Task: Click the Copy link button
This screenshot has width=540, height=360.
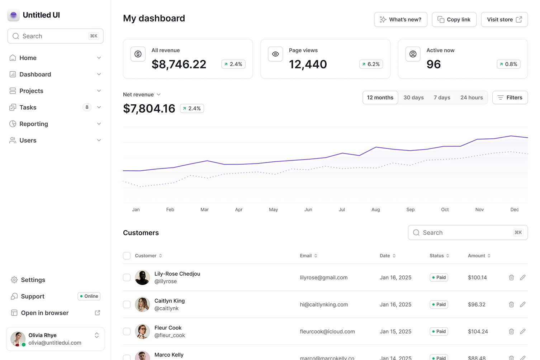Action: click(454, 20)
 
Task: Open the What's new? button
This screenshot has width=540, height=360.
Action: click(401, 20)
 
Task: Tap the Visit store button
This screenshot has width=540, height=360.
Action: click(504, 20)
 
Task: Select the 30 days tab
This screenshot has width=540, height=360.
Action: click(413, 98)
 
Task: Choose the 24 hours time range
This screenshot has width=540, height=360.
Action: click(471, 98)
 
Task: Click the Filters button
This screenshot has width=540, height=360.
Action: click(510, 98)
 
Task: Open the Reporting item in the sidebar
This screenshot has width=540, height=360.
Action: click(34, 124)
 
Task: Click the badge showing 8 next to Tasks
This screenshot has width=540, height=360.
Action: click(87, 107)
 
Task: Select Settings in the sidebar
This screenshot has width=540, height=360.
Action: click(33, 280)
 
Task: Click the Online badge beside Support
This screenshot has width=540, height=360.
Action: click(89, 296)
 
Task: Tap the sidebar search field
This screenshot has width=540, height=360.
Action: click(55, 36)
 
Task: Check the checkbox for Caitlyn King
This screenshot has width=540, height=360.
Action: click(127, 304)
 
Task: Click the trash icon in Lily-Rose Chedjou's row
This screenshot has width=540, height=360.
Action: click(511, 278)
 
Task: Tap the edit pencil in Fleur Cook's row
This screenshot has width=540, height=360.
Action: click(522, 332)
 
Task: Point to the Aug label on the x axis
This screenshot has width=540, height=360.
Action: click(375, 210)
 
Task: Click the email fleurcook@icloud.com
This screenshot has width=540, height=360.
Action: click(327, 332)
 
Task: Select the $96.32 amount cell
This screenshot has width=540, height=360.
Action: click(477, 304)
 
